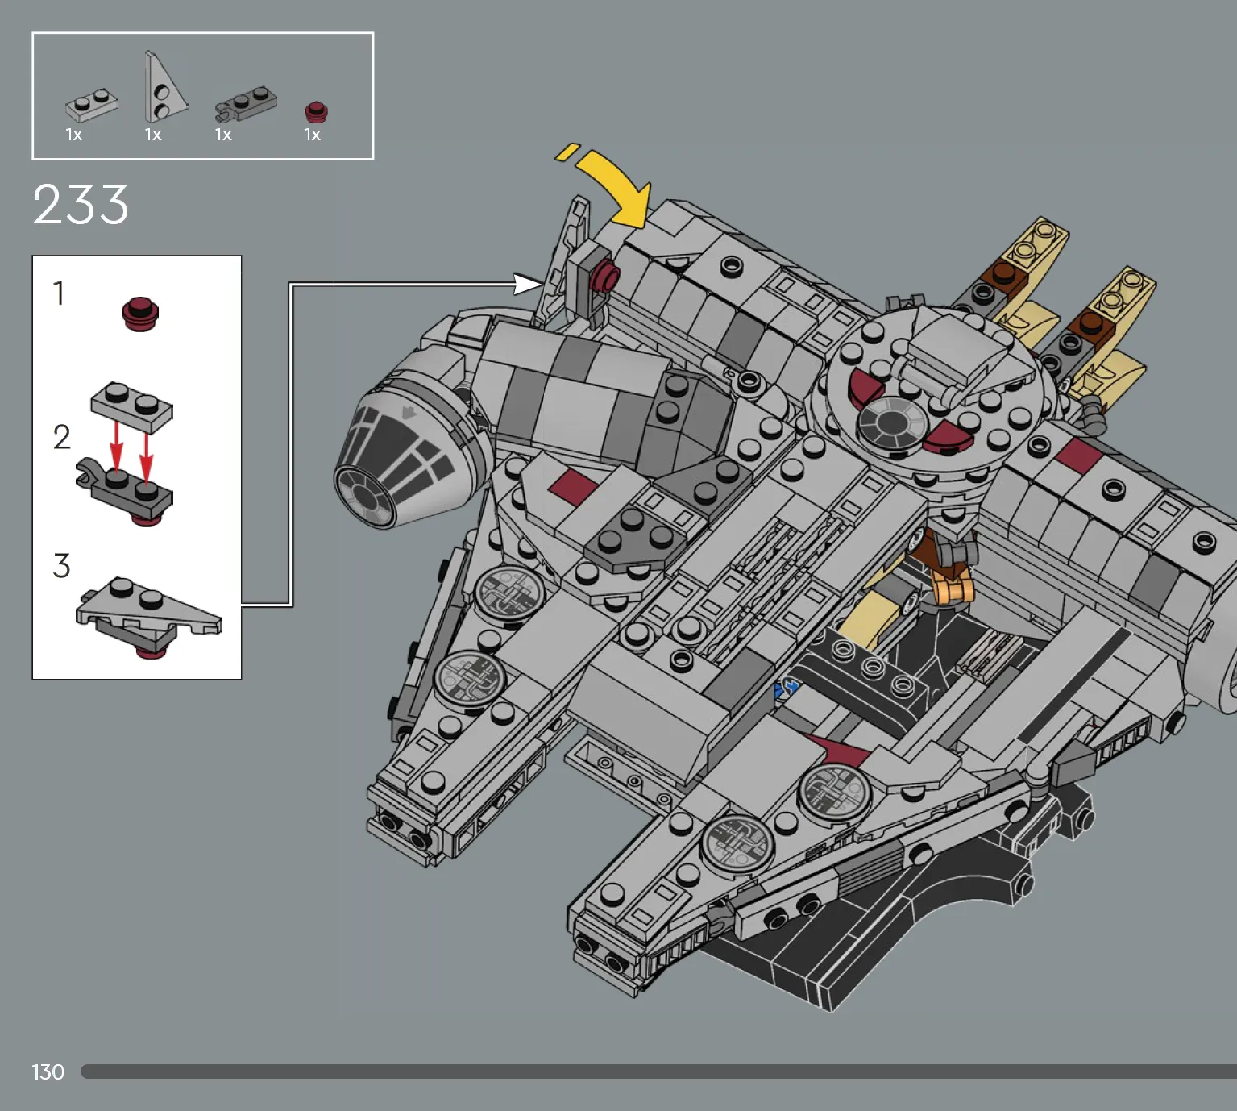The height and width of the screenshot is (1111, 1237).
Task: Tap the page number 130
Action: tap(48, 1072)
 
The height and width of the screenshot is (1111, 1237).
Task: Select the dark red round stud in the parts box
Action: tap(316, 112)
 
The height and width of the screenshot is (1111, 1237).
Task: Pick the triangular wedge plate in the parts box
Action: tap(164, 89)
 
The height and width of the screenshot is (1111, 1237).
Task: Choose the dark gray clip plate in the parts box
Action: tap(246, 104)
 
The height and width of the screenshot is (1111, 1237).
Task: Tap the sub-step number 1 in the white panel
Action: tap(59, 293)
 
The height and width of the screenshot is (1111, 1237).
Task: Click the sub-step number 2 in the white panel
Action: tap(62, 437)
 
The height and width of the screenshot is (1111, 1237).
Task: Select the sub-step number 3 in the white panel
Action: tap(62, 565)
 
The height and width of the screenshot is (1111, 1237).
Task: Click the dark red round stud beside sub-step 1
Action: tap(140, 314)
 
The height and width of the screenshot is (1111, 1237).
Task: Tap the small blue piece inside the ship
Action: tap(786, 689)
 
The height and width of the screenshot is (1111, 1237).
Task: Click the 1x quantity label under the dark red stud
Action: tap(313, 135)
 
